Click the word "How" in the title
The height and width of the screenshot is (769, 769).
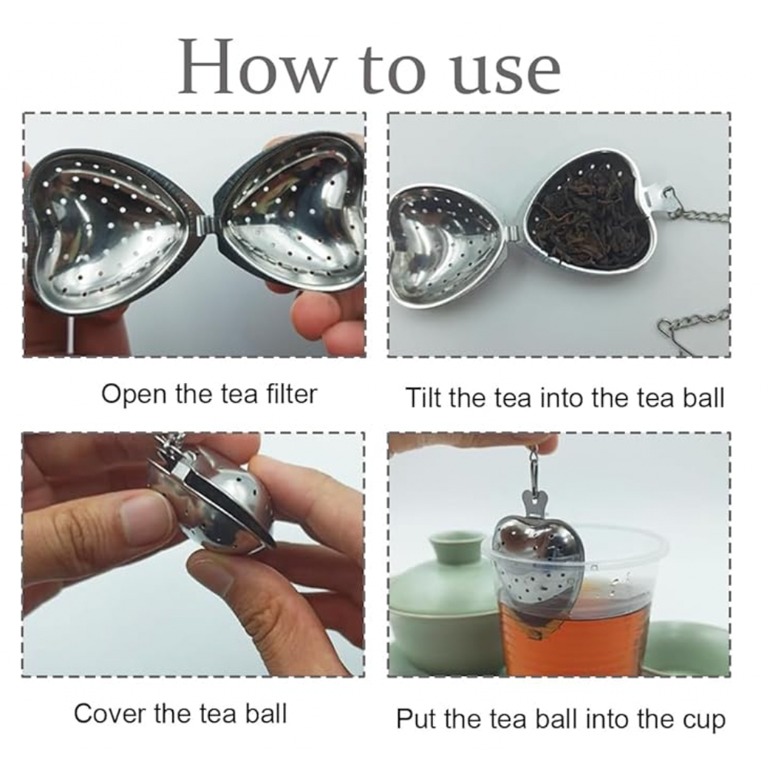(x=256, y=66)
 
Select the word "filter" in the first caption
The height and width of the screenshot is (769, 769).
(x=291, y=394)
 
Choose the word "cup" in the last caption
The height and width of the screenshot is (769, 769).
(x=704, y=721)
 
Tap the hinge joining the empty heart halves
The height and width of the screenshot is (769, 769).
(x=205, y=225)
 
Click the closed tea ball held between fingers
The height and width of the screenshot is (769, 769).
(x=216, y=506)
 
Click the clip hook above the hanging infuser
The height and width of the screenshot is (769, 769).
(x=534, y=468)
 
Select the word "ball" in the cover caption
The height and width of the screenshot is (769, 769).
(x=266, y=713)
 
